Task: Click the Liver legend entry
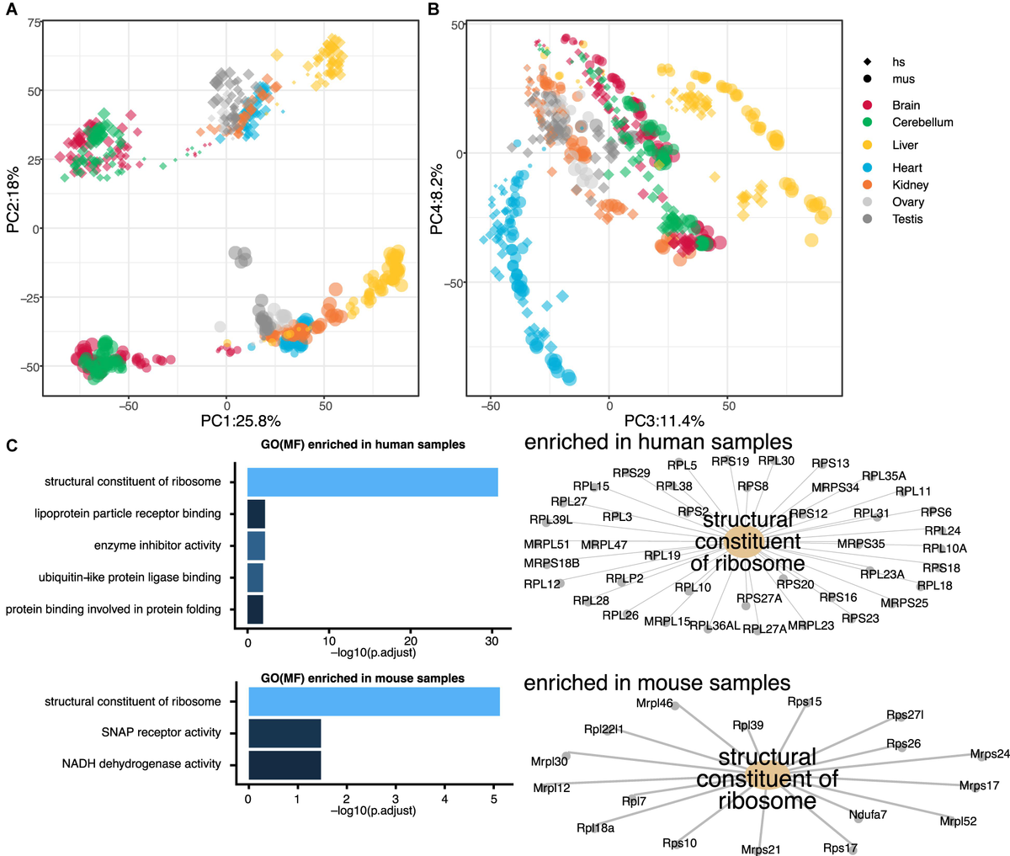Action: pos(905,145)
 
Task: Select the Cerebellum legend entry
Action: pos(922,122)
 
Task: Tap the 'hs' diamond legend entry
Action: pos(898,62)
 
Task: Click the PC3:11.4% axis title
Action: pos(663,421)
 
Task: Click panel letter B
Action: pos(433,9)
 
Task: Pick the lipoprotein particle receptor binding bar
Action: pos(256,513)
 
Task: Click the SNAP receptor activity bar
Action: pos(284,733)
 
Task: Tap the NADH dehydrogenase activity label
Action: pos(141,764)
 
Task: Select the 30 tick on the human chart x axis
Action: pos(492,641)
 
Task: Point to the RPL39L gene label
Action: pos(550,520)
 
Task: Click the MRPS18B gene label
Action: pos(551,563)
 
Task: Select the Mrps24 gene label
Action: pos(990,754)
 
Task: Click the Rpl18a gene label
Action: pos(595,828)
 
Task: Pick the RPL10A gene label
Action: pos(944,549)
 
